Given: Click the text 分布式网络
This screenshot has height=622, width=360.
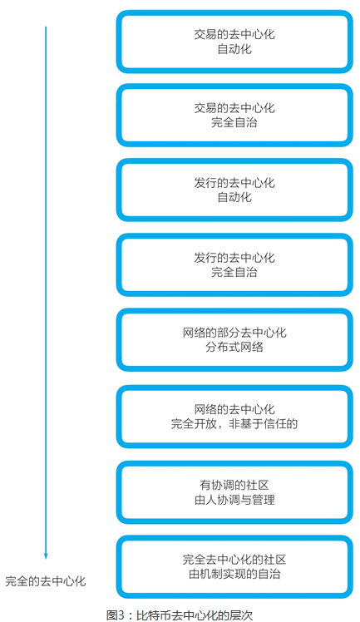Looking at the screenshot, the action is [x=234, y=347].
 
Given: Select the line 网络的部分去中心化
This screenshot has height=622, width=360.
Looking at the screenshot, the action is [x=234, y=333].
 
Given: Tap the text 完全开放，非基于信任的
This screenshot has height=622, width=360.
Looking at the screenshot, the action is [x=234, y=423].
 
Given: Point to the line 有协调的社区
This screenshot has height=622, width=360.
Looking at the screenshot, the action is [x=234, y=485].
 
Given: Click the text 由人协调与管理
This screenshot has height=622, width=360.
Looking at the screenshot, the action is [x=234, y=500].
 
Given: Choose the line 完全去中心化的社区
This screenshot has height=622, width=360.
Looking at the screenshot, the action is [x=234, y=560].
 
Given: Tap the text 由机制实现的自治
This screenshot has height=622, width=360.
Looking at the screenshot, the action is [x=234, y=574].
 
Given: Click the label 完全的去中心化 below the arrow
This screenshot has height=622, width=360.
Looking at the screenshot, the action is [x=46, y=581].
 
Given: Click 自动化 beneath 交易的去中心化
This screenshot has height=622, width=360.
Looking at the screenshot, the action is [x=234, y=49].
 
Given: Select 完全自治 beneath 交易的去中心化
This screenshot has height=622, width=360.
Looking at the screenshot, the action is [x=234, y=122].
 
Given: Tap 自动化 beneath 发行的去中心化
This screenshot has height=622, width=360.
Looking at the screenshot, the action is [x=234, y=197].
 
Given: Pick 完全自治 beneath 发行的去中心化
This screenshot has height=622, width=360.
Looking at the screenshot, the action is [x=234, y=272].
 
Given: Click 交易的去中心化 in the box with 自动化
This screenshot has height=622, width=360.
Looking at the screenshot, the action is [x=234, y=35].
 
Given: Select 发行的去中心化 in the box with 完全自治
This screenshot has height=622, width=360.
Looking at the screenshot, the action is [x=234, y=258].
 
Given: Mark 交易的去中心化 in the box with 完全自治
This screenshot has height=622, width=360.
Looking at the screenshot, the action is [x=234, y=108].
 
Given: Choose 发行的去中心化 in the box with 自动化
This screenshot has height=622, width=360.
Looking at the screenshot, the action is [x=234, y=183].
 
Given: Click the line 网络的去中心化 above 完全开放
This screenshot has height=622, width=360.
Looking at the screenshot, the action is [x=234, y=409].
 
